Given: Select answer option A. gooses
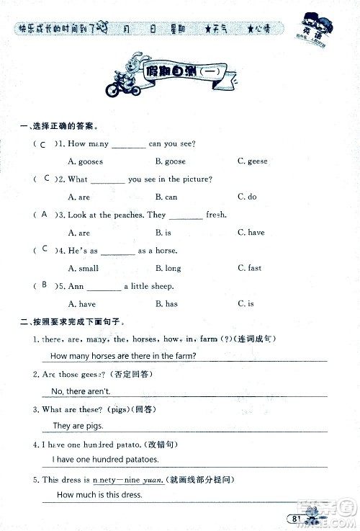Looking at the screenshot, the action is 85,161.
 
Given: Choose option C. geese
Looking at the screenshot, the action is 252,161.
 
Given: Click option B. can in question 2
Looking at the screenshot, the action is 166,197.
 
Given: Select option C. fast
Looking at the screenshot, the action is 249,268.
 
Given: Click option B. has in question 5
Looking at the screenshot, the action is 166,304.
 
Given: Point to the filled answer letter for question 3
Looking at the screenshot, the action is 45,214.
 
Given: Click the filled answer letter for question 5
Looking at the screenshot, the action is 45,285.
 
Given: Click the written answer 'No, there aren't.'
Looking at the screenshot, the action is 81,391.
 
